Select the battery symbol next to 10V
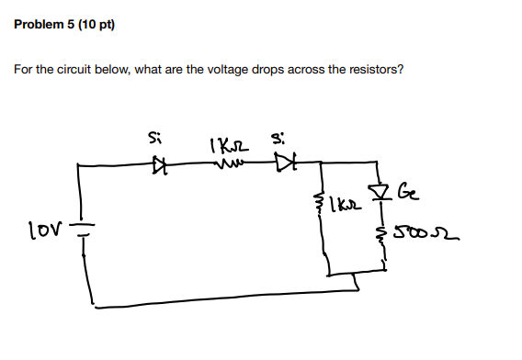[80, 228]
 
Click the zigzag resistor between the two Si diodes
[227, 166]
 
